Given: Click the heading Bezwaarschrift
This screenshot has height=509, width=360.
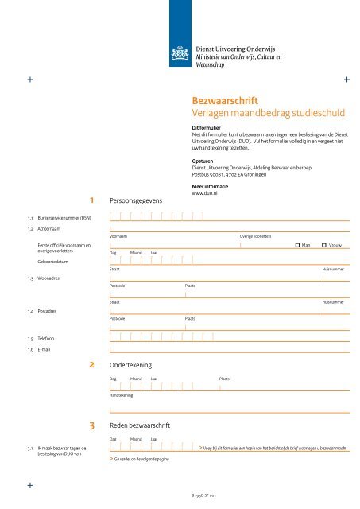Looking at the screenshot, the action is [x=225, y=102].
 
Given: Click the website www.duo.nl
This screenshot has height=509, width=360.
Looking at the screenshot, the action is [x=205, y=193].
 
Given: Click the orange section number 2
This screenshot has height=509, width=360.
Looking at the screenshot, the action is [x=93, y=365].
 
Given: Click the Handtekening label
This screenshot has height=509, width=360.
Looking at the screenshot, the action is [x=122, y=395].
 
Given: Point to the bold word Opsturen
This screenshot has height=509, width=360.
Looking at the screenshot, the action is [x=203, y=158].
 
